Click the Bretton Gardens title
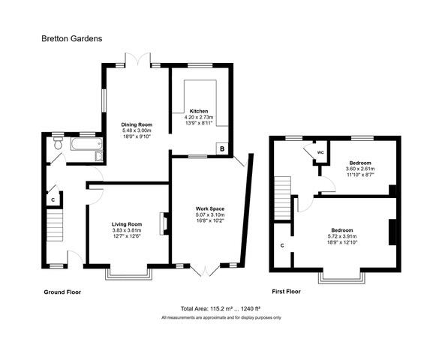(x=72, y=38)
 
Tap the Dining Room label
(x=137, y=124)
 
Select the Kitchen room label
(x=199, y=111)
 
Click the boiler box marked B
(x=222, y=148)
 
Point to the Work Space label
(x=210, y=208)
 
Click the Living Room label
(x=127, y=224)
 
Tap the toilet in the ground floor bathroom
(x=59, y=142)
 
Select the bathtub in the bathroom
(x=86, y=144)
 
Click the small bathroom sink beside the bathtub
(x=99, y=156)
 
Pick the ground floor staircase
(x=54, y=225)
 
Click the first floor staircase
(x=282, y=198)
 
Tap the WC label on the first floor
(x=320, y=153)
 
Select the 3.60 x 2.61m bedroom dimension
(x=360, y=169)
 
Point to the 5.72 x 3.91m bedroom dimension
(x=342, y=236)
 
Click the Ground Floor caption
(x=62, y=292)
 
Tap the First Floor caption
(x=287, y=292)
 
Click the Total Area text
(x=221, y=309)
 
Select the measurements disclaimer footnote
(x=221, y=318)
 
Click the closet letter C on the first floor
(x=282, y=245)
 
